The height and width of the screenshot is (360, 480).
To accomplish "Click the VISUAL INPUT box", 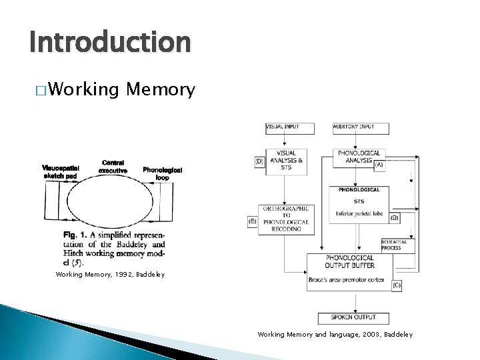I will (x=283, y=127).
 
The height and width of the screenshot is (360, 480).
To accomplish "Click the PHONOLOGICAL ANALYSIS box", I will (x=359, y=157).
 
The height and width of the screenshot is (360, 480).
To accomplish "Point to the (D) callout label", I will (x=260, y=161).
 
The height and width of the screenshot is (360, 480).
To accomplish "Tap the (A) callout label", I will (x=379, y=164).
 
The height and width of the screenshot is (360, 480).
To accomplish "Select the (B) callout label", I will (x=394, y=217).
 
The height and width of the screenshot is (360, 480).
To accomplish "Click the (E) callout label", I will (x=251, y=220).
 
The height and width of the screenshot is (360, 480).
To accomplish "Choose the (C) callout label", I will (x=396, y=285).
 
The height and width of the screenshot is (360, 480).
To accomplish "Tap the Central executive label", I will (x=113, y=166).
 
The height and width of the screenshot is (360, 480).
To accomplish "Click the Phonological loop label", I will (x=162, y=173).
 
